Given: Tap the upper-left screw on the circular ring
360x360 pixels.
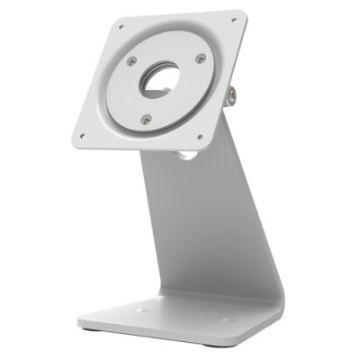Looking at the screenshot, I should tap(131, 60).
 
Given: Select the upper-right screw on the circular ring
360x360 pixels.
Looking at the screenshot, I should tap(200, 59).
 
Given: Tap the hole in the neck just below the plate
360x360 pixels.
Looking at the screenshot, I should tap(186, 156).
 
